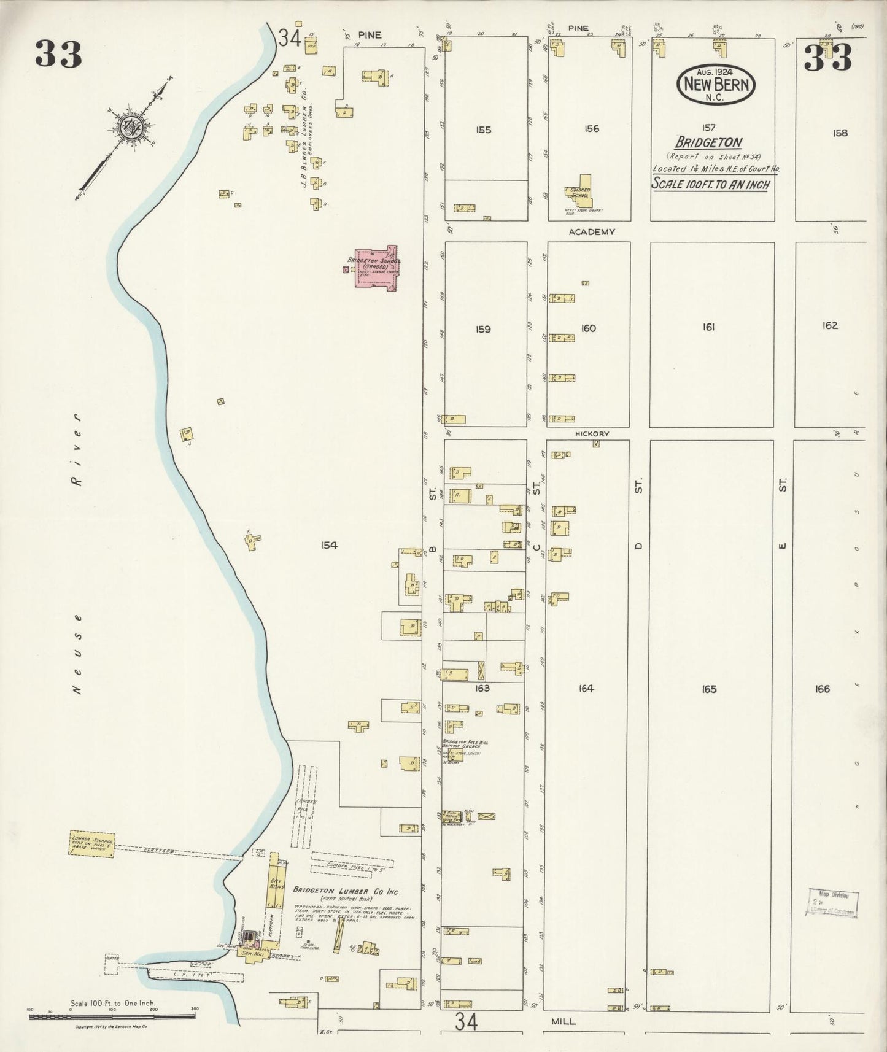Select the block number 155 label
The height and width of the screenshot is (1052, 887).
tap(484, 130)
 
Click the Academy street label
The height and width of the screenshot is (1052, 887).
tap(591, 231)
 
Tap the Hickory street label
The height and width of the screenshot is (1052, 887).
tap(592, 433)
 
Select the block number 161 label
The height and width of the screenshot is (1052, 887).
tap(708, 328)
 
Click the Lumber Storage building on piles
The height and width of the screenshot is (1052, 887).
tap(91, 845)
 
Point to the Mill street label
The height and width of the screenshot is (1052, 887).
tap(563, 1021)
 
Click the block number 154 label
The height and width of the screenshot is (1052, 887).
tap(328, 545)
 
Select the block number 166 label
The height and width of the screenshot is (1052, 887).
tap(822, 689)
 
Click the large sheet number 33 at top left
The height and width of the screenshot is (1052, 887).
tap(58, 54)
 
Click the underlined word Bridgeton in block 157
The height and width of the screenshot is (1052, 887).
tap(708, 142)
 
